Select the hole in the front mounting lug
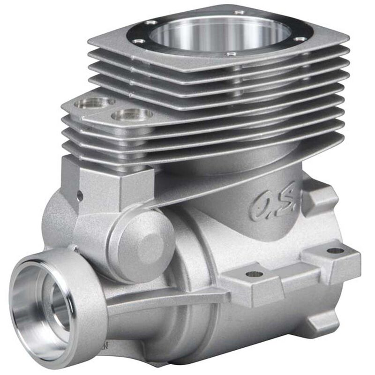[254, 274]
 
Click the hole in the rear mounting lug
[335, 250]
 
